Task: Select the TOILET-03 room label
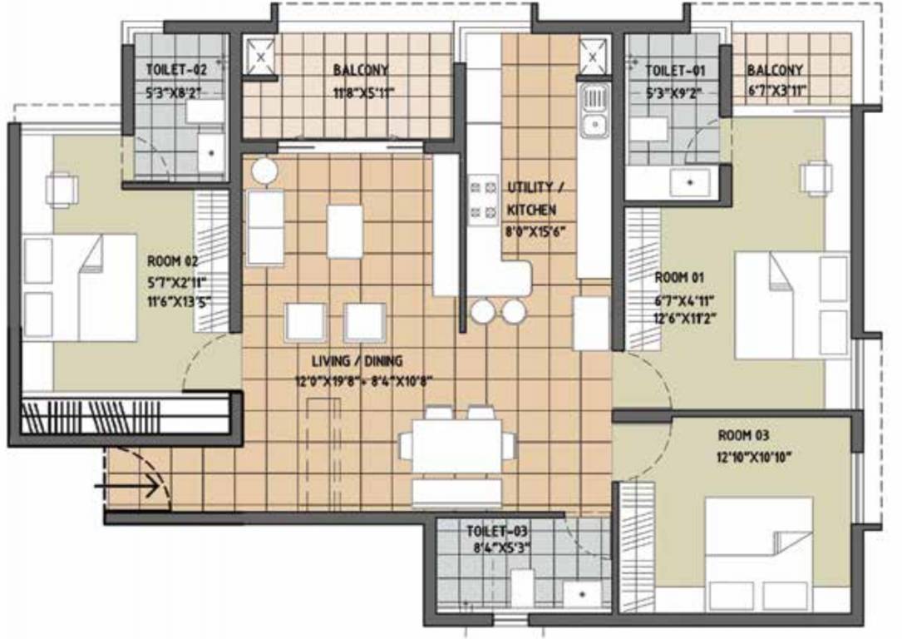click(x=496, y=531)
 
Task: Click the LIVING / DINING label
click(x=357, y=361)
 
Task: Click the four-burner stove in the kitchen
click(x=483, y=200)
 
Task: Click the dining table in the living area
click(x=457, y=446)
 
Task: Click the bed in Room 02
click(x=79, y=286)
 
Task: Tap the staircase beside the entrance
click(x=125, y=414)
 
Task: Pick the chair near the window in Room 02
click(x=62, y=190)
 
